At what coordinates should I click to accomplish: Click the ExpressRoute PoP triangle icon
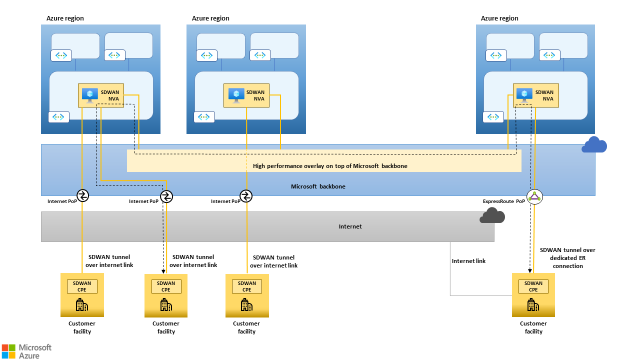(535, 197)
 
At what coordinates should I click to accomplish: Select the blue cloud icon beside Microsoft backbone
(594, 145)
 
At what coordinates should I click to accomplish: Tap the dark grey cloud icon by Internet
(492, 215)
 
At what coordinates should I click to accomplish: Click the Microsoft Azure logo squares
(8, 350)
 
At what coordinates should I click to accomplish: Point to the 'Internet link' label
(468, 261)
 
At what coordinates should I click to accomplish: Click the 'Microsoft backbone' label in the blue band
(318, 186)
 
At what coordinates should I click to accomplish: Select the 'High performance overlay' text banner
(330, 166)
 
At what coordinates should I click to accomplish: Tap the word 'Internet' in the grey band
(350, 226)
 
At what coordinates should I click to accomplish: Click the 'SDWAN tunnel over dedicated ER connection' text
(567, 258)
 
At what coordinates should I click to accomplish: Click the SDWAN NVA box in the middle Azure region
(246, 95)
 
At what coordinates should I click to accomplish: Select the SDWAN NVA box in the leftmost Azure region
(101, 95)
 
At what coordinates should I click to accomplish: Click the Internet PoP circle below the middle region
(246, 196)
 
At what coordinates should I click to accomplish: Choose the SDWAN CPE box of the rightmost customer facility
(533, 286)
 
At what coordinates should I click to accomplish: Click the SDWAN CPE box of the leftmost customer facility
(82, 286)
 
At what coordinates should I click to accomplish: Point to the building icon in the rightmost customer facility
(533, 304)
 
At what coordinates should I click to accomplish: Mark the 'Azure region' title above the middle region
(210, 18)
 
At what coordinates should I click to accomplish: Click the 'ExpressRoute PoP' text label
(503, 201)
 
